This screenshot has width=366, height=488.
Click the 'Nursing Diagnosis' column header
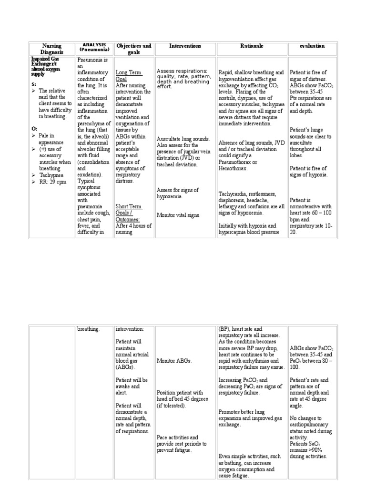click(x=52, y=49)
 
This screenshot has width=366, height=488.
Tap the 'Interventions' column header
click(x=185, y=46)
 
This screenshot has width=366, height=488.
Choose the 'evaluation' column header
click(x=312, y=46)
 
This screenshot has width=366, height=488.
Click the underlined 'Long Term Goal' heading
click(x=129, y=75)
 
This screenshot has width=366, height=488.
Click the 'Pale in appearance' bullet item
click(x=51, y=139)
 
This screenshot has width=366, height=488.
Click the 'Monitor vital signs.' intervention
click(x=179, y=215)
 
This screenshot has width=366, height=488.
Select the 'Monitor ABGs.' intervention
click(x=174, y=361)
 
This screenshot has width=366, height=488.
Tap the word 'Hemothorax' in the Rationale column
click(x=234, y=168)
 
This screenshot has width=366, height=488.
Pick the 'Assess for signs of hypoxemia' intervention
click(x=178, y=193)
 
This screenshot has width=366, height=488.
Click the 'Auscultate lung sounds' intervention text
click(x=183, y=139)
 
